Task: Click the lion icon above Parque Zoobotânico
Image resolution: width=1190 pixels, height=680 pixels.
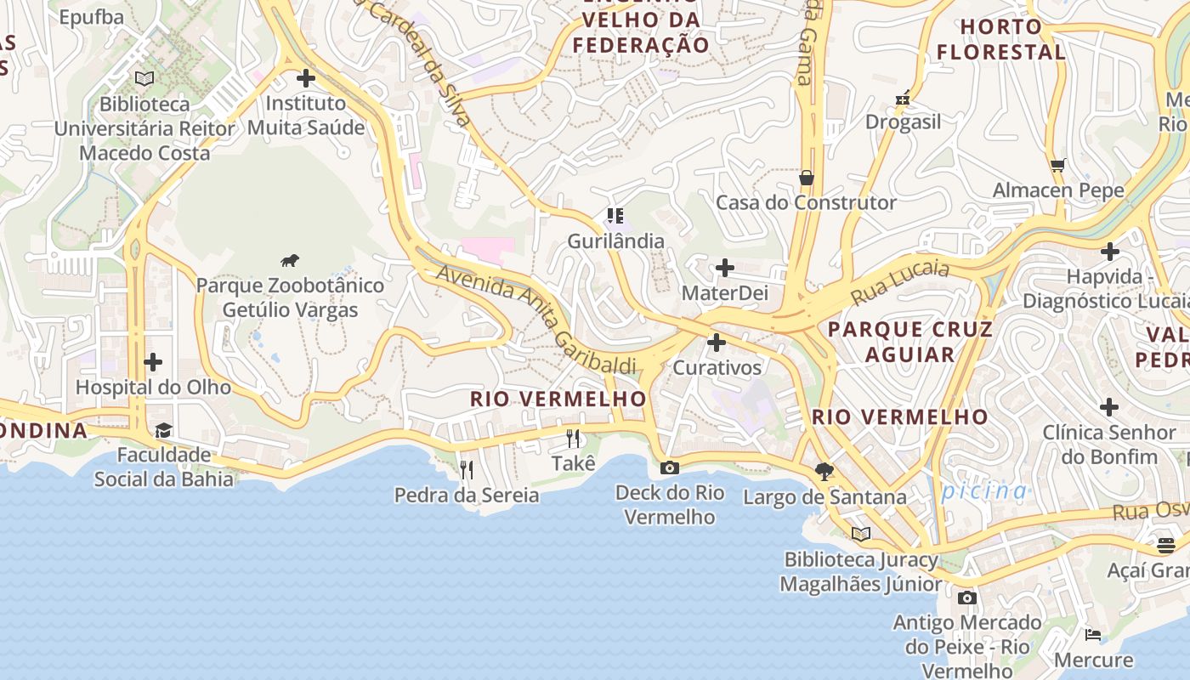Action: pos(290,260)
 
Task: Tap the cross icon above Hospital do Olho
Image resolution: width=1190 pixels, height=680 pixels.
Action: pos(153,363)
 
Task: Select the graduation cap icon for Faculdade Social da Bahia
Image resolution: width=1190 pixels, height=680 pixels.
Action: pos(163,430)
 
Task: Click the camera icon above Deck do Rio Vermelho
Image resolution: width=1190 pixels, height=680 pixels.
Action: pos(670,467)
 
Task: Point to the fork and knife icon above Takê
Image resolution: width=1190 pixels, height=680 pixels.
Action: pos(573,439)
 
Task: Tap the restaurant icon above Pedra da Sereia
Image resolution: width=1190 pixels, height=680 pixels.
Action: pos(466,469)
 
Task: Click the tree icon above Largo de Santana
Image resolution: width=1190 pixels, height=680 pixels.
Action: pos(824,471)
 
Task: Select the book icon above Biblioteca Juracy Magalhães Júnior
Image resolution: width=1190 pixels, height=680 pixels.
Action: pos(861,534)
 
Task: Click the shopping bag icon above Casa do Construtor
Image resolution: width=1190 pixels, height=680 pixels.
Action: pos(806,178)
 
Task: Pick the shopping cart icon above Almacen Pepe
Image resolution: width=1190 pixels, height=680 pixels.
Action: pos(1057,165)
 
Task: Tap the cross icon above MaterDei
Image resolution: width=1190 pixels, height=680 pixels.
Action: pos(724,269)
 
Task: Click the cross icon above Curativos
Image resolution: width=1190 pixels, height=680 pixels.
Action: pos(717,343)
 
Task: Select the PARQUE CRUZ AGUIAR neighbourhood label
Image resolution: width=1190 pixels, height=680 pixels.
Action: pos(909,342)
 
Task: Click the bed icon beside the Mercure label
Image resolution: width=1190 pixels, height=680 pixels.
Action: pos(1093,634)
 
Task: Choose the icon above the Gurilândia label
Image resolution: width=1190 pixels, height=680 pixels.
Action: pos(615,216)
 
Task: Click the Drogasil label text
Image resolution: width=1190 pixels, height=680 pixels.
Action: pos(903,122)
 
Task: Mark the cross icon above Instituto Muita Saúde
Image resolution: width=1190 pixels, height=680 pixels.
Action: pos(306,78)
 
